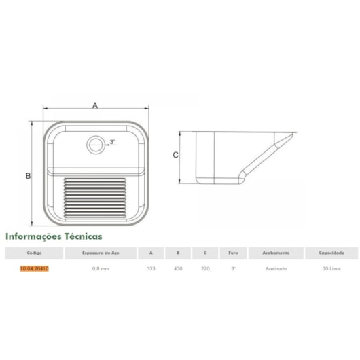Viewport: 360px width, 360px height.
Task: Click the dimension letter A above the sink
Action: click(x=95, y=105)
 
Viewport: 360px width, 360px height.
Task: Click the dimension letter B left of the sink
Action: click(x=29, y=176)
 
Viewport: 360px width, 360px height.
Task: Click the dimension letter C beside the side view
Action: click(x=175, y=155)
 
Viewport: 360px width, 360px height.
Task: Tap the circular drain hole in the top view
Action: click(x=96, y=143)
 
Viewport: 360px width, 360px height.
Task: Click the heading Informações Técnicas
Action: click(x=54, y=237)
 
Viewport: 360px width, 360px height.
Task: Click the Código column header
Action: click(x=34, y=253)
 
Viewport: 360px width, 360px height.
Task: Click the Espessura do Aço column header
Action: click(x=101, y=253)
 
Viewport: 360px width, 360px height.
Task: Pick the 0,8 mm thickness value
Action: click(x=101, y=269)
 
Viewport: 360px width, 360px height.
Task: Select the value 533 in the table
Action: click(x=150, y=269)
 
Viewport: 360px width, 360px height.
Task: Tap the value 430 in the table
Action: click(x=177, y=269)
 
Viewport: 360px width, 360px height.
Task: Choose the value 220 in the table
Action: click(x=205, y=269)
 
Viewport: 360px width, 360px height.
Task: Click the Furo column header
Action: click(x=233, y=253)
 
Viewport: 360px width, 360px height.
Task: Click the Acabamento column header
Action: click(x=276, y=253)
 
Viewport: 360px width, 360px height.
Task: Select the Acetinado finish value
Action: click(x=276, y=269)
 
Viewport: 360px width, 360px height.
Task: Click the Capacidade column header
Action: click(x=331, y=253)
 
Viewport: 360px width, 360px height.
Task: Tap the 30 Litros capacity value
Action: click(x=331, y=269)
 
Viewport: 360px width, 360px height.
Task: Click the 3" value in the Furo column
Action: click(x=233, y=269)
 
